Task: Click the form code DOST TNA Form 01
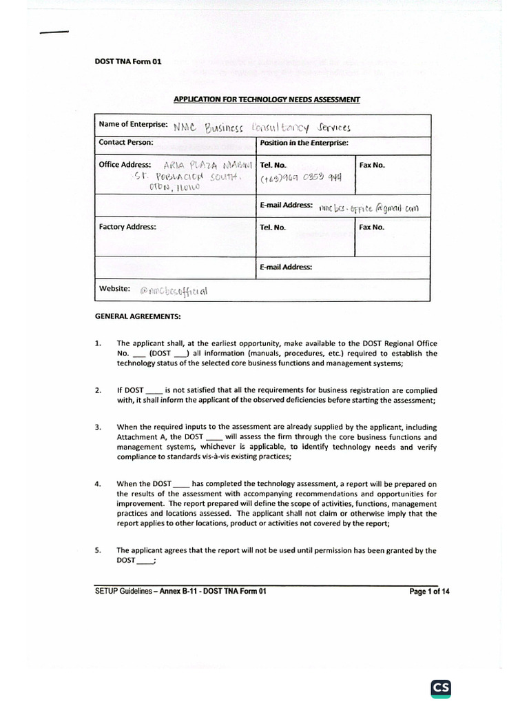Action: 127,61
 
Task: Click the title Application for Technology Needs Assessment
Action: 267,100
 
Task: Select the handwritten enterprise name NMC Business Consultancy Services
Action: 262,128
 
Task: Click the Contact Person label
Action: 126,143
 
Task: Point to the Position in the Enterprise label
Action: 304,143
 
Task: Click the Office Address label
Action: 129,165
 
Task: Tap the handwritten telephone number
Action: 301,177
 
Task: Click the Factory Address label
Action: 127,226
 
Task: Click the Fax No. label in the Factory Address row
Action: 372,227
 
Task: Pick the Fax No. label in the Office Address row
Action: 372,165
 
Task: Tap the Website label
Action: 114,289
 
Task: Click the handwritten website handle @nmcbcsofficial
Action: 173,291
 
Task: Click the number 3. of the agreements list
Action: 98,427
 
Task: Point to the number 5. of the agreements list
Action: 98,550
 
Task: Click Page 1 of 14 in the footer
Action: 429,591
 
